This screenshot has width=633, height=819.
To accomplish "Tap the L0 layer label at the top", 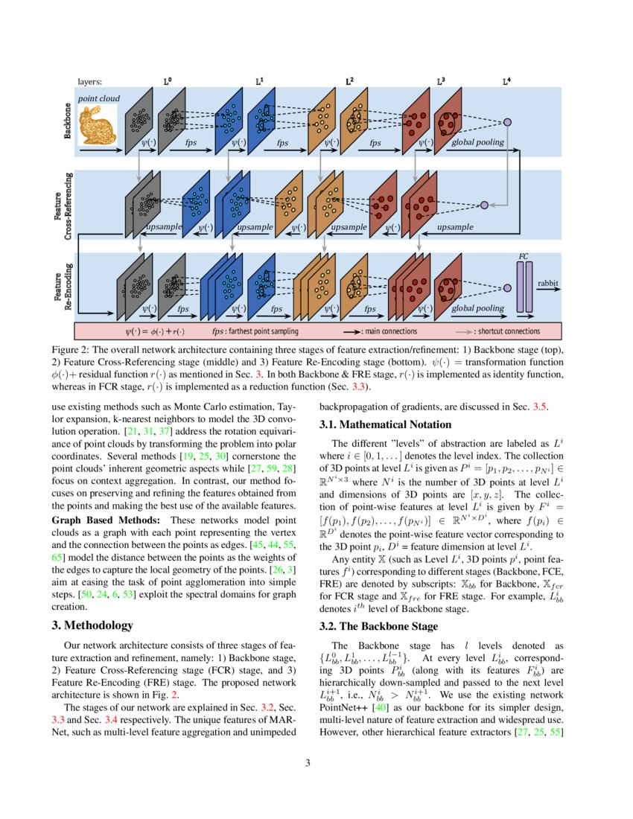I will [x=168, y=82].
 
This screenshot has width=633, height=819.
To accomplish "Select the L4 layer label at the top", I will [x=506, y=82].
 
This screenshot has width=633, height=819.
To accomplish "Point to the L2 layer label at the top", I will [x=349, y=82].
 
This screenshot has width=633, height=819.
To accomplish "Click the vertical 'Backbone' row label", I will [x=68, y=120].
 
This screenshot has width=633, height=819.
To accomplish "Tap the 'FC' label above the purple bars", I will [x=523, y=256].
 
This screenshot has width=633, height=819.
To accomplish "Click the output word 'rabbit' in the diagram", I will [x=548, y=283].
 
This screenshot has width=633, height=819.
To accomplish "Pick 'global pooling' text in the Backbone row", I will [x=477, y=142].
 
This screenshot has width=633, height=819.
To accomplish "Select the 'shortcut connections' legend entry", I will [x=509, y=331].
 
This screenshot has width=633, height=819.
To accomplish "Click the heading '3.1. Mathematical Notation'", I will [x=385, y=424].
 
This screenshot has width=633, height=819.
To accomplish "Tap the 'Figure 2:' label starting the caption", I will [x=73, y=350].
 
